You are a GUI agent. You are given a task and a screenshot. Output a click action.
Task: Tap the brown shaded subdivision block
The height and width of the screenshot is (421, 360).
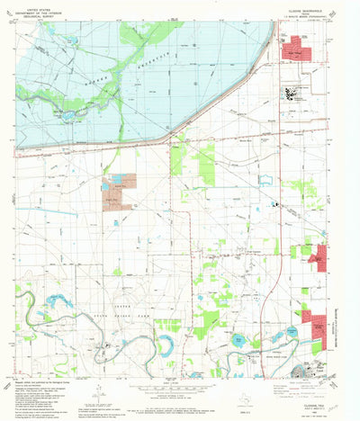[x=121, y=184]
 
